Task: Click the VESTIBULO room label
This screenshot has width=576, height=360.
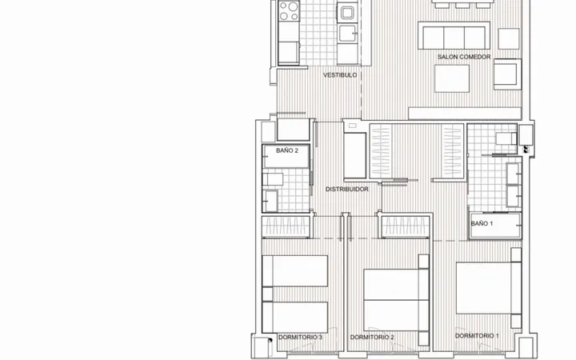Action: pyautogui.click(x=340, y=75)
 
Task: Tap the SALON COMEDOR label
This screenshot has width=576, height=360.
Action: pyautogui.click(x=464, y=57)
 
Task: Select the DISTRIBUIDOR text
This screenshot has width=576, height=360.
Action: pyautogui.click(x=346, y=189)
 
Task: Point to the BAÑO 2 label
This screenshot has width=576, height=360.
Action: pyautogui.click(x=287, y=150)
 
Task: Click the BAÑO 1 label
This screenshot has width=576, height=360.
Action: pyautogui.click(x=482, y=223)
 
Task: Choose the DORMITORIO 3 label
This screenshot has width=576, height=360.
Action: pyautogui.click(x=300, y=338)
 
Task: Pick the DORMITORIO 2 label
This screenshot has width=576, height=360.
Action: pyautogui.click(x=372, y=338)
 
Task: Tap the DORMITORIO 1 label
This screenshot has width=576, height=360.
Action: pyautogui.click(x=477, y=336)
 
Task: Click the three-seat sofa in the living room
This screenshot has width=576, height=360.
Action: pyautogui.click(x=454, y=36)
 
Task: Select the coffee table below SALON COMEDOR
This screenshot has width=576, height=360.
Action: pyautogui.click(x=452, y=78)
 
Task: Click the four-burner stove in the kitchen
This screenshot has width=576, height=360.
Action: pyautogui.click(x=289, y=11)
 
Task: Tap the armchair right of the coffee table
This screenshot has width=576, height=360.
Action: pyautogui.click(x=507, y=74)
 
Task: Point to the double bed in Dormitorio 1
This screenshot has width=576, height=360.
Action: pyautogui.click(x=489, y=288)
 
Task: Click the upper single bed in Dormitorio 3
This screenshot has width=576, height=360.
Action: pyautogui.click(x=295, y=271)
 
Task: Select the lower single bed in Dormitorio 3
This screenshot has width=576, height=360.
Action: pyautogui.click(x=295, y=318)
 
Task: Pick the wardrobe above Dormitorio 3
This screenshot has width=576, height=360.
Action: pyautogui.click(x=287, y=226)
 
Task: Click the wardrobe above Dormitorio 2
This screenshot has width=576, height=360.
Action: pyautogui.click(x=406, y=226)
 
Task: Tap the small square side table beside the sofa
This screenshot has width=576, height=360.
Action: pyautogui.click(x=509, y=38)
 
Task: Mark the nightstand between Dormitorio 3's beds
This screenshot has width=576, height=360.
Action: pyautogui.click(x=268, y=294)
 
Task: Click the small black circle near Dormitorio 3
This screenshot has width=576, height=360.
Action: pyautogui.click(x=270, y=340)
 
